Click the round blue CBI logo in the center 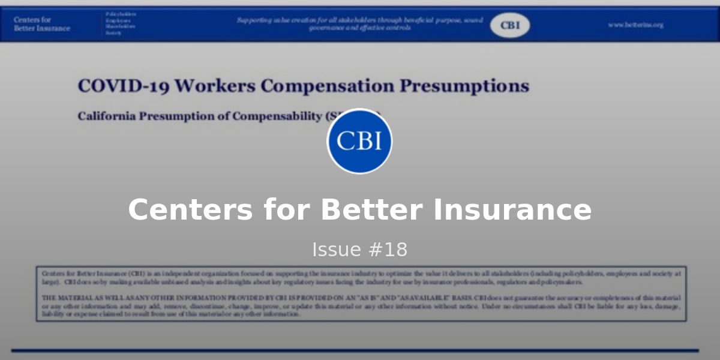[x=359, y=141]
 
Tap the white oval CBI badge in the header [x=510, y=25]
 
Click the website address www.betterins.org [x=635, y=25]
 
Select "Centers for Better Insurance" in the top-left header [x=42, y=24]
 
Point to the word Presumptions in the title [x=464, y=86]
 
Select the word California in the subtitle [x=107, y=116]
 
